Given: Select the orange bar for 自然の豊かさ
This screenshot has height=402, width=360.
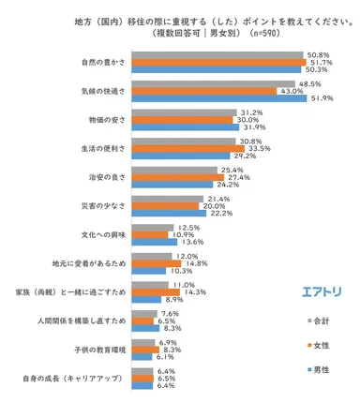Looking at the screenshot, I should point(215,62).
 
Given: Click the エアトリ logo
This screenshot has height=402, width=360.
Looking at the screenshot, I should point(321,290).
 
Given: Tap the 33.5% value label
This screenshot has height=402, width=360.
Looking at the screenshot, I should point(259,148).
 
